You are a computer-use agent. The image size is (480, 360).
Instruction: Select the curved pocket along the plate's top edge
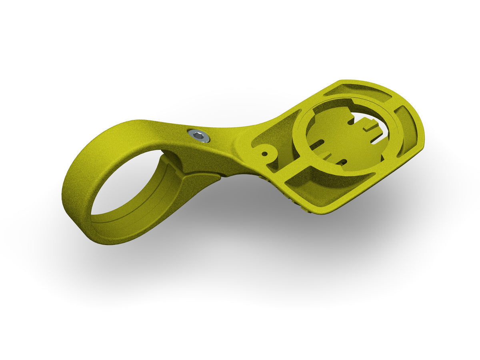(x=358, y=93)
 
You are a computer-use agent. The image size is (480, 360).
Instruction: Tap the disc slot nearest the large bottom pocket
(x=342, y=162)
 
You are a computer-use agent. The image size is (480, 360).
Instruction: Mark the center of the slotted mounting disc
(x=344, y=136)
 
